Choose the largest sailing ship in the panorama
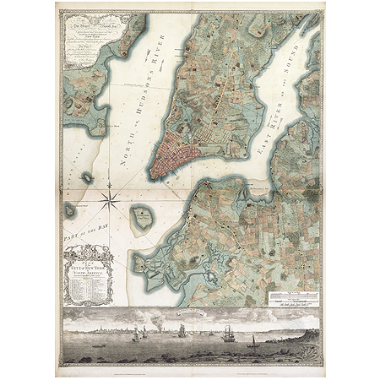225,333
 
